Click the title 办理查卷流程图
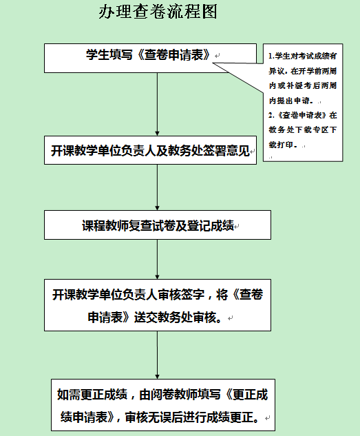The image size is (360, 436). tap(158, 12)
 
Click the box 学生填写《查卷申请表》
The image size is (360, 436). tap(150, 58)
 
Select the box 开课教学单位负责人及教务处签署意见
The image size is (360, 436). tap(150, 150)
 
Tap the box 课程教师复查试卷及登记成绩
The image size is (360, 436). tap(158, 225)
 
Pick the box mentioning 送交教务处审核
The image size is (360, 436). tap(158, 305)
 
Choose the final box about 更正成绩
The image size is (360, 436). tap(163, 405)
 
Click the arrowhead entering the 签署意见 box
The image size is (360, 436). tap(157, 134)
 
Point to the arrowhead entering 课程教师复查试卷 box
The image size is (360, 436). tap(157, 208)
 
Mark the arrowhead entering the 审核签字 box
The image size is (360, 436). tap(157, 277)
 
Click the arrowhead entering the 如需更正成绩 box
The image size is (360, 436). tap(157, 377)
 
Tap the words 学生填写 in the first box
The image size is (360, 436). tap(109, 55)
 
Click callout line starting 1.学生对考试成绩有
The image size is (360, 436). tap(302, 56)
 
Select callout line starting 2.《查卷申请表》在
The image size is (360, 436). tap(302, 115)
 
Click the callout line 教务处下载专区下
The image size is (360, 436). tap(302, 130)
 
